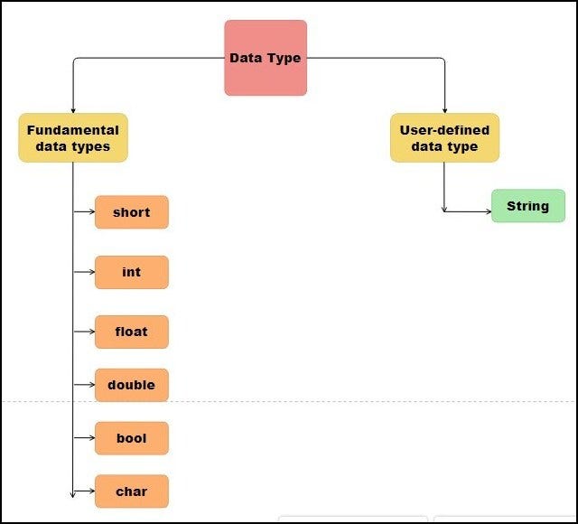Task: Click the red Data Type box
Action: (266, 58)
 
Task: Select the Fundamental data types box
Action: (73, 137)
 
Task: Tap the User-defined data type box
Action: (444, 137)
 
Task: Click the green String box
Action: (527, 206)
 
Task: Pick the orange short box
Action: (132, 212)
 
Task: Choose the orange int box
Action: (132, 272)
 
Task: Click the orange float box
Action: (132, 332)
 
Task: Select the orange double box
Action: (132, 385)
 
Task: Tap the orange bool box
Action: (132, 438)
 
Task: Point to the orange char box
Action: (132, 491)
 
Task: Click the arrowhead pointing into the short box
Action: (91, 212)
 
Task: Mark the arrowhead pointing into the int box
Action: (91, 272)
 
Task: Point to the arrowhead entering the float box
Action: (91, 332)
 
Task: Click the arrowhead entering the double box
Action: (91, 385)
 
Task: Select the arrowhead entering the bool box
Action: (91, 438)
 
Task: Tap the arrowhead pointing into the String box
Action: (488, 212)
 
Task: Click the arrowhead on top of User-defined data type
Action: (444, 109)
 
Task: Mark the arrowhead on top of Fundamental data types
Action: (73, 109)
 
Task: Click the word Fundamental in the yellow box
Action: (73, 129)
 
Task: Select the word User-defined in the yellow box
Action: (444, 129)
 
